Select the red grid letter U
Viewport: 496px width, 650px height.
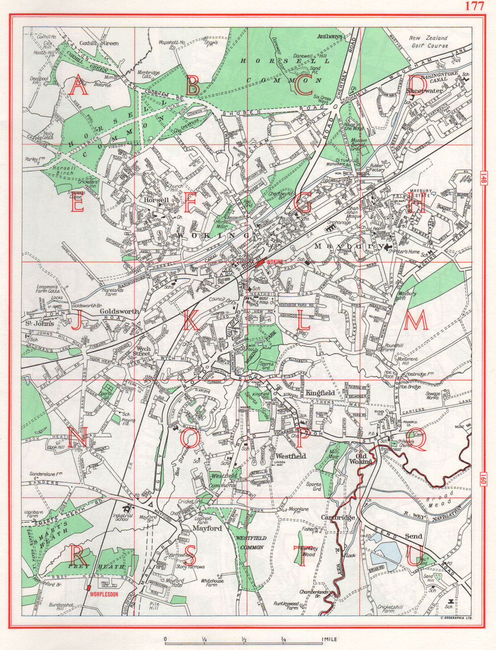click(x=416, y=555)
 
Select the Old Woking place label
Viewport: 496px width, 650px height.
click(x=361, y=458)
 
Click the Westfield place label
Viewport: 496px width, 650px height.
click(x=291, y=456)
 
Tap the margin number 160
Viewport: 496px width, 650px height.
click(x=484, y=480)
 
